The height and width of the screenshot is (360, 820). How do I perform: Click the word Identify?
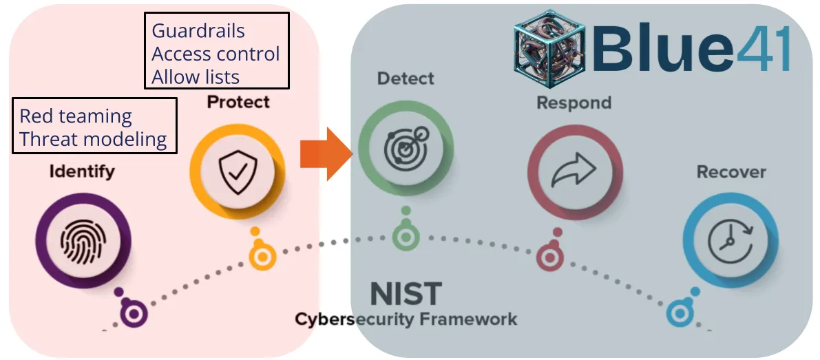81,171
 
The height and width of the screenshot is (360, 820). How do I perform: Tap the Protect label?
238,103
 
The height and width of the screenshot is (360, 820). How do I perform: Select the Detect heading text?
406,78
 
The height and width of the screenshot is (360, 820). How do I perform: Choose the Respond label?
574,103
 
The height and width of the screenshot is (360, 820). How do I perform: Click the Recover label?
731,171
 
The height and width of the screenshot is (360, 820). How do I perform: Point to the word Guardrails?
198,31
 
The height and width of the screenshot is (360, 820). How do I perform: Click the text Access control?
215,54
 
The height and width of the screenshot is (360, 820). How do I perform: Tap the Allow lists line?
196,76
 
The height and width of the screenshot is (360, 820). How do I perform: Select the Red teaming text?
75,116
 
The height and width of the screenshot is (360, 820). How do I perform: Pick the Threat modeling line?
93,139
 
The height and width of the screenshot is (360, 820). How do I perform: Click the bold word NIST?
406,295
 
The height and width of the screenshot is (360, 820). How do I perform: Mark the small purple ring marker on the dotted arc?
134,314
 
